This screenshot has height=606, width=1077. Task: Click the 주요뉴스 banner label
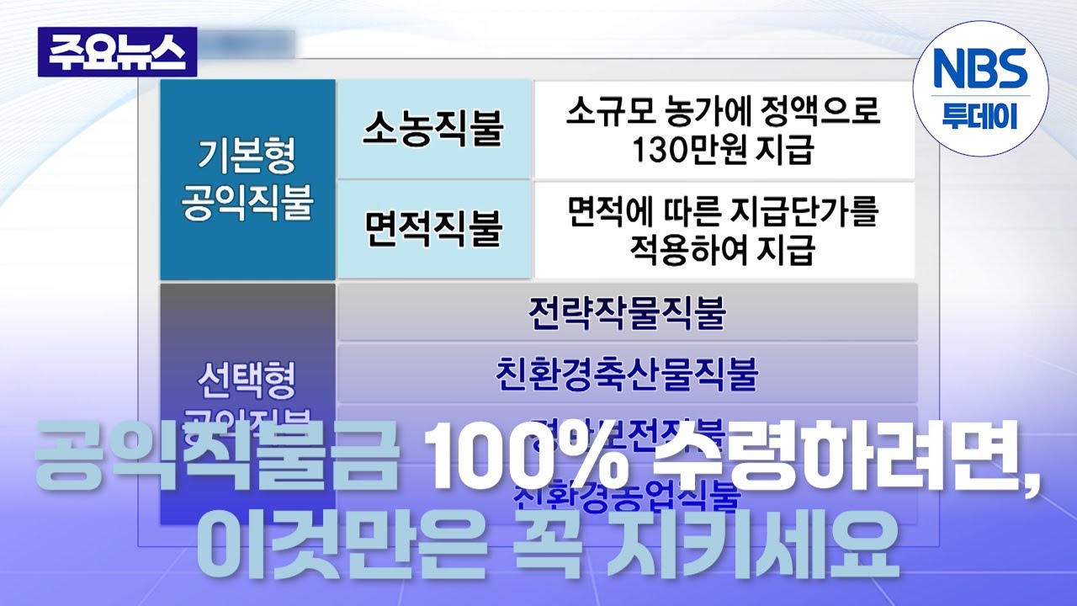[x=117, y=52]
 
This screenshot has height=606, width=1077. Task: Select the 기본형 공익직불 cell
[x=247, y=179]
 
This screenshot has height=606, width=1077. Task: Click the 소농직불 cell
[x=433, y=128]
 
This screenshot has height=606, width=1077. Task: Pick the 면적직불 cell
[x=433, y=228]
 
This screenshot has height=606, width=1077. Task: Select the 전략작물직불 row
[x=627, y=312]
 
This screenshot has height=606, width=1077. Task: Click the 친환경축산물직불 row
[x=627, y=373]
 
